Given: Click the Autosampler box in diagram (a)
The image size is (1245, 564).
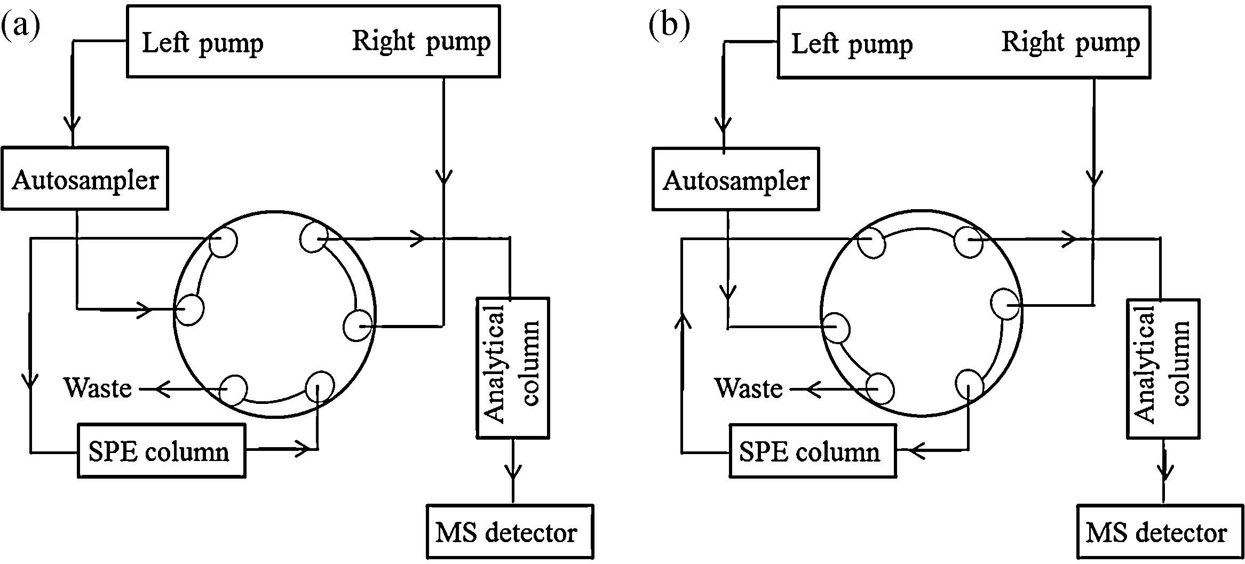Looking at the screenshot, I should (85, 179).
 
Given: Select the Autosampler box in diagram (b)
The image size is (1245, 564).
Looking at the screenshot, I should (735, 179).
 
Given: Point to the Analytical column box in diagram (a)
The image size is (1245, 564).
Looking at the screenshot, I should (512, 368).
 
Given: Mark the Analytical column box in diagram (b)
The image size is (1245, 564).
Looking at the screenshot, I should (1163, 368).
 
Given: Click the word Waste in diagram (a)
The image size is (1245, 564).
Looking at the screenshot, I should (98, 387).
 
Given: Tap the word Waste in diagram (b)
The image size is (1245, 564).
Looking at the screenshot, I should (748, 388).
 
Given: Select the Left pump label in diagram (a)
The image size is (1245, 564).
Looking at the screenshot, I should (202, 43).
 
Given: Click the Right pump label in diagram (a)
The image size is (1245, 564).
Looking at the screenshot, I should (421, 41).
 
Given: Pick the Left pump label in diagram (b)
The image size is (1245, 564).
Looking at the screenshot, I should (852, 44).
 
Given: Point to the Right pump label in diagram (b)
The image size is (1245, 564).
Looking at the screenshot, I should (1070, 42).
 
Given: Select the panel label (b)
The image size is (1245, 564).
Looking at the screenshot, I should (669, 26).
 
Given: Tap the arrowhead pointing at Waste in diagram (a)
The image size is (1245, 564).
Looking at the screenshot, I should (162, 390).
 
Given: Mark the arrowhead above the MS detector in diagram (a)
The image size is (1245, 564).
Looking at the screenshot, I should (513, 472).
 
